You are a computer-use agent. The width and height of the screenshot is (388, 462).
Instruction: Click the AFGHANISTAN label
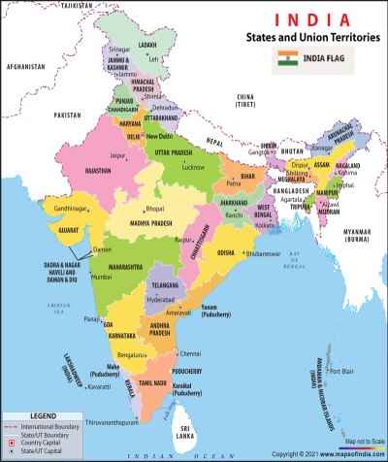[25, 66]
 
